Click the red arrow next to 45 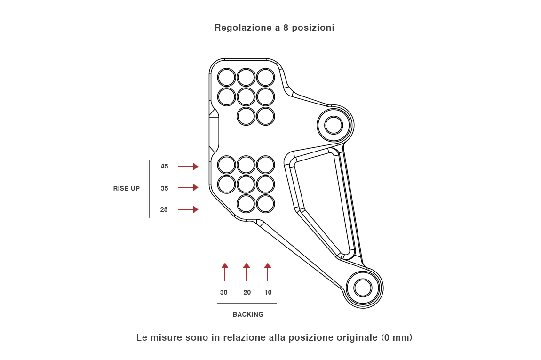pos(188,167)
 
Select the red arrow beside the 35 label pos(188,187)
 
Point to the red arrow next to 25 pos(188,209)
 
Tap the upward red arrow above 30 pos(225,272)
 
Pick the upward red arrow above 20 pos(247,272)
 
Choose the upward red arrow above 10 pos(268,272)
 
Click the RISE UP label pos(127,188)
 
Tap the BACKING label pos(248,314)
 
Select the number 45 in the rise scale pos(164,166)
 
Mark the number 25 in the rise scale pos(164,209)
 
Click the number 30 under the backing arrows pos(224,292)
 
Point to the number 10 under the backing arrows pos(268,292)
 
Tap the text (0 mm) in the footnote pos(397,337)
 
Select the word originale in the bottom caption pos(355,337)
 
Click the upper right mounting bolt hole pos(334,125)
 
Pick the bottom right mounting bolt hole pos(363,288)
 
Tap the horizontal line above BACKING pos(247,304)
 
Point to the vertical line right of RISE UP pos(150,188)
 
